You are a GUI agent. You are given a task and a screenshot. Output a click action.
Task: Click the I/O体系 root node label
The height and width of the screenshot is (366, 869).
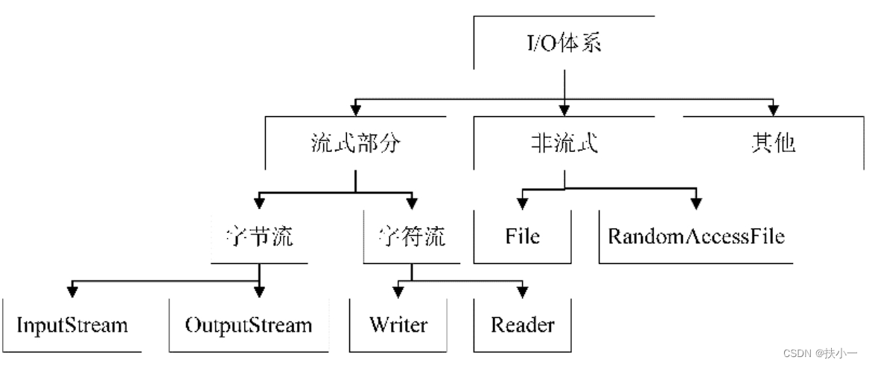[x=564, y=43]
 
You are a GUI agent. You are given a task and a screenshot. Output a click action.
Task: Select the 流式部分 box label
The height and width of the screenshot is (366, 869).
[x=355, y=144]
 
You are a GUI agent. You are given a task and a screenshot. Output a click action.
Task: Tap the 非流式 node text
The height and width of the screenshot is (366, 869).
[x=564, y=144]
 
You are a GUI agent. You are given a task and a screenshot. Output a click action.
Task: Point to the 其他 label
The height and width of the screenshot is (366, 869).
[x=773, y=144]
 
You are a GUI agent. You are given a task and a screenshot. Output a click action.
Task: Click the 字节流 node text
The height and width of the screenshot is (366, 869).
[x=259, y=237]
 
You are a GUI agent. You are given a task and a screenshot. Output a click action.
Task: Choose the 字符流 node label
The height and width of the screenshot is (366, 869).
[x=411, y=237]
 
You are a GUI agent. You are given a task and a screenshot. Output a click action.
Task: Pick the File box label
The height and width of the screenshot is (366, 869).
[x=522, y=237]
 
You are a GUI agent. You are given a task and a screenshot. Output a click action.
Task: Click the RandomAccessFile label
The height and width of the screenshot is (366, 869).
[x=696, y=237]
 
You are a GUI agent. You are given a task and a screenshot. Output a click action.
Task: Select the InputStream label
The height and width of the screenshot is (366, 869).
[x=72, y=324]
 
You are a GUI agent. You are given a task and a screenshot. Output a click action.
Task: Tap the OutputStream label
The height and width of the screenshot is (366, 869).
[x=248, y=324]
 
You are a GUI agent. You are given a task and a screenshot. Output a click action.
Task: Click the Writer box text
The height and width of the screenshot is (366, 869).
[x=398, y=324]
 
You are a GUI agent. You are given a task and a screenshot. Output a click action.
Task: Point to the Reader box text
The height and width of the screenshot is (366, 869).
[x=522, y=324]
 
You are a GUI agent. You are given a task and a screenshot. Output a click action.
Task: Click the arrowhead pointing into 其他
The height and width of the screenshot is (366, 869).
[x=773, y=109]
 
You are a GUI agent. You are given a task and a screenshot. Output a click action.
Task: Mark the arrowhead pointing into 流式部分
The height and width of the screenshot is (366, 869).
[x=356, y=109]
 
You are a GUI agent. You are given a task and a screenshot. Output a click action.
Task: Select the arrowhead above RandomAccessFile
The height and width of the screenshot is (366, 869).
[x=696, y=203]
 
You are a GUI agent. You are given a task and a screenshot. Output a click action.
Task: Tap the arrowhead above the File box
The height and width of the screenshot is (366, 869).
[x=522, y=203]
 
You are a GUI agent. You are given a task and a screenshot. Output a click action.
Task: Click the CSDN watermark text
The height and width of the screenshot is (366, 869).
[x=821, y=353]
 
